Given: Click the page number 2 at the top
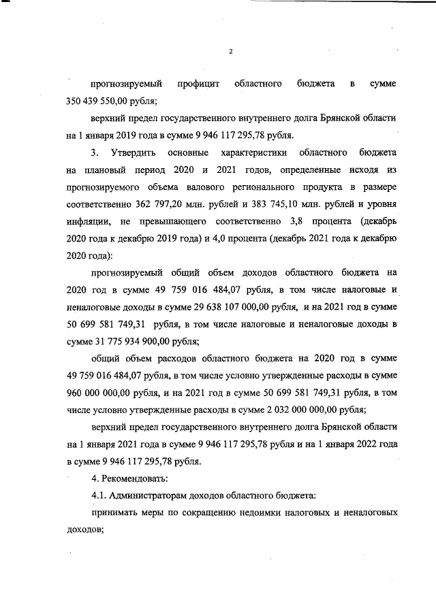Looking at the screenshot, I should [x=231, y=50].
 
